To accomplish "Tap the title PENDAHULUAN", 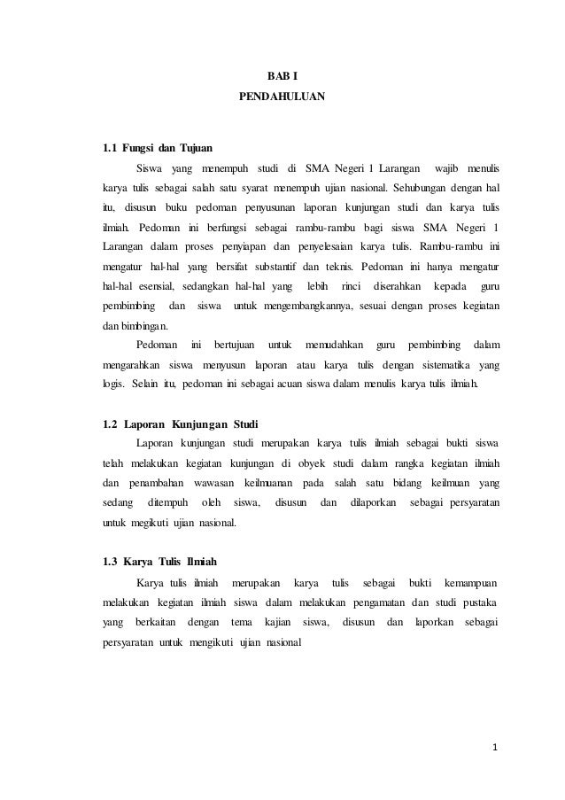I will [x=282, y=103].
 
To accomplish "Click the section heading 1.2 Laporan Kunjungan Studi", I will [x=181, y=420].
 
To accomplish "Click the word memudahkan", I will [x=334, y=344].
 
